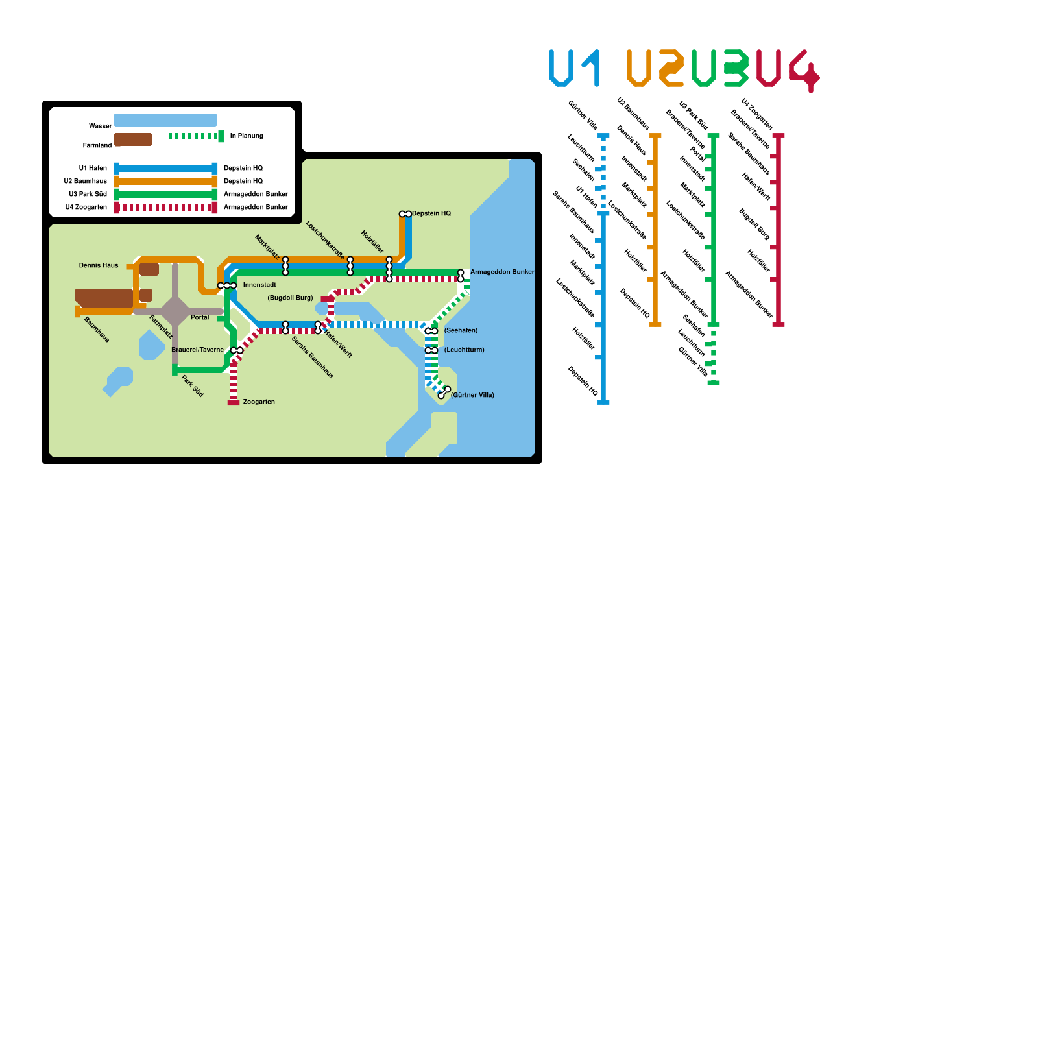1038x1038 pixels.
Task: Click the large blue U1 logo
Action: tap(574, 68)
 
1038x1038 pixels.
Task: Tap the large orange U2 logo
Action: tap(655, 68)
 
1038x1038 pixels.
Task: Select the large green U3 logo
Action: tap(719, 68)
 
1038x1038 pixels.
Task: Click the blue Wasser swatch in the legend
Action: tap(165, 120)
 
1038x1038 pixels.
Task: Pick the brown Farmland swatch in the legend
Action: tap(133, 139)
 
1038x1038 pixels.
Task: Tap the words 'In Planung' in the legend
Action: tap(247, 136)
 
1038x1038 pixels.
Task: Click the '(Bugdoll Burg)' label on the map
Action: tap(290, 298)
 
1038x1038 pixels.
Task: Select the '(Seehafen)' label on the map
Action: tap(461, 331)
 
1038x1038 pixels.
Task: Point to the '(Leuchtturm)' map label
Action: tap(464, 350)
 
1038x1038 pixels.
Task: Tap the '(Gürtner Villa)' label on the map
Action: tap(472, 395)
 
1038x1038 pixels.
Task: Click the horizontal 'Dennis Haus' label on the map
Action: tap(99, 265)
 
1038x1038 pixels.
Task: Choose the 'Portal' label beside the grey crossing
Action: tap(200, 317)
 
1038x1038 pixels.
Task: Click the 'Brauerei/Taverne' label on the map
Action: tap(197, 350)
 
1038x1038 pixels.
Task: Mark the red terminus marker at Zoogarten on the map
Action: tap(234, 402)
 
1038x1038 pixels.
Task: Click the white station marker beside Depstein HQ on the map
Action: tap(405, 214)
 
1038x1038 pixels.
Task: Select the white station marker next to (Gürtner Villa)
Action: tap(444, 392)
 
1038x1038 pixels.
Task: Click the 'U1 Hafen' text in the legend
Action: tap(93, 169)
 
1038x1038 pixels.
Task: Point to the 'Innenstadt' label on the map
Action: tap(259, 285)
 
